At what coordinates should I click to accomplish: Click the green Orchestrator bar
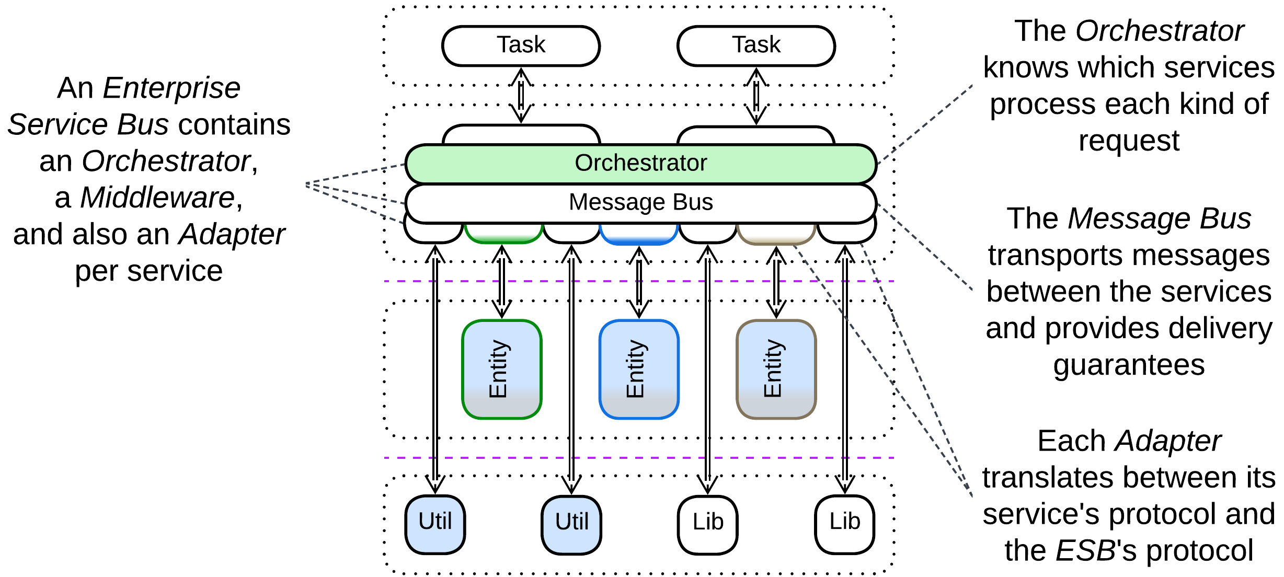click(640, 164)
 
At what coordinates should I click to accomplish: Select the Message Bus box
click(640, 203)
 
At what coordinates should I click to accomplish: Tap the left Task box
click(521, 45)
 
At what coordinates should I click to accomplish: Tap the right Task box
click(756, 45)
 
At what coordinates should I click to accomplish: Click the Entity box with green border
click(502, 370)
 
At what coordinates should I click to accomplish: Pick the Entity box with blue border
click(639, 370)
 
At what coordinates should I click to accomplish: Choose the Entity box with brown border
click(776, 370)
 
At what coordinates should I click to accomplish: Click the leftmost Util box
click(435, 524)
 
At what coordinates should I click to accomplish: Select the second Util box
click(571, 524)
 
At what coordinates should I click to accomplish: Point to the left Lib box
click(708, 524)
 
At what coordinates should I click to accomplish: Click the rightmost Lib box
click(845, 524)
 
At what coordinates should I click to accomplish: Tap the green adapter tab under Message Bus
click(503, 234)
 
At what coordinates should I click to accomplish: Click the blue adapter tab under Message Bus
click(639, 235)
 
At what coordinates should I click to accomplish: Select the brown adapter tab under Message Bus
click(776, 235)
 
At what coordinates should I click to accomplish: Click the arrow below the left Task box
click(521, 96)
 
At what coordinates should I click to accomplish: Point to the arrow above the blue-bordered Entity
click(639, 282)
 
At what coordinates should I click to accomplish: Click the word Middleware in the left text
click(157, 198)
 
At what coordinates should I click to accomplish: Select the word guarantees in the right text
click(1129, 365)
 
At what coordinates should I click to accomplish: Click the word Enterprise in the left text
click(171, 88)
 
